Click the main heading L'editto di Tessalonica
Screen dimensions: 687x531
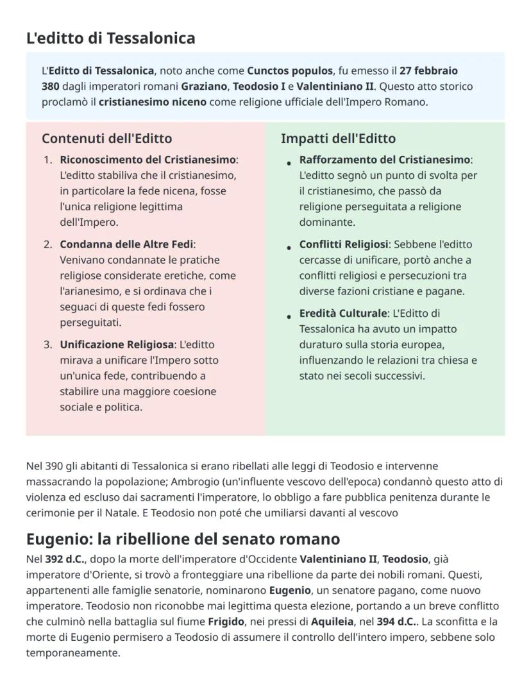pos(110,38)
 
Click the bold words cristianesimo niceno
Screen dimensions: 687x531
pos(153,101)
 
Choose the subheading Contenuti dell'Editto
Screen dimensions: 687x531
pos(106,139)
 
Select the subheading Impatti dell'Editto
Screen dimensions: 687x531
pos(338,139)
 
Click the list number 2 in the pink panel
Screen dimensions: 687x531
pos(48,244)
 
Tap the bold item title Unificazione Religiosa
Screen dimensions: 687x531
pos(117,344)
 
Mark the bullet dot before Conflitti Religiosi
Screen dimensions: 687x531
pos(289,248)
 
